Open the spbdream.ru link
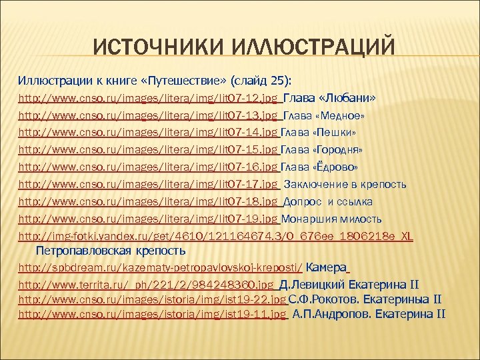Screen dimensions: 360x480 pyautogui.click(x=160, y=269)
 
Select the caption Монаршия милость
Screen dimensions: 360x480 pyautogui.click(x=332, y=218)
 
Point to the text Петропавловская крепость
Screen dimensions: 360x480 pyautogui.click(x=110, y=251)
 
